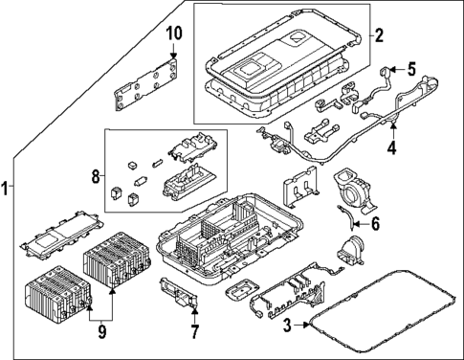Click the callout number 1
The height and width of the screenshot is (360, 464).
pos(8,189)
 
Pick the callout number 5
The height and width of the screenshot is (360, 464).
pos(411,68)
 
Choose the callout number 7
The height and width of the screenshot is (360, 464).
pos(194,332)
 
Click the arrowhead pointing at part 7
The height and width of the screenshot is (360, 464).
pos(194,312)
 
